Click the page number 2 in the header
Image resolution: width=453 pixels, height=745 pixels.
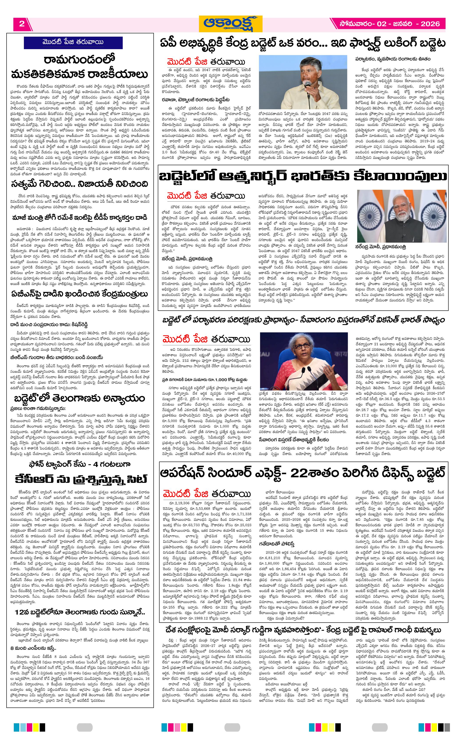coord(22,24)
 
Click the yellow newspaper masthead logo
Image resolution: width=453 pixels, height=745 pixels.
coord(230,24)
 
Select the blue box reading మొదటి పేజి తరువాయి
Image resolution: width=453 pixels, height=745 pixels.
coord(73,42)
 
